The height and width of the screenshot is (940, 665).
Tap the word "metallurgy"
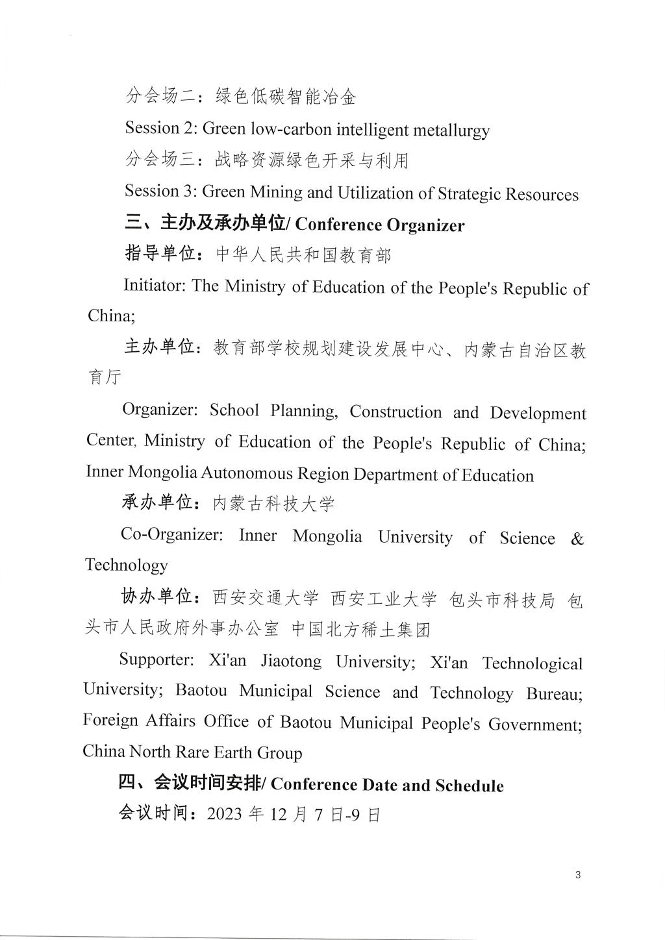pyautogui.click(x=449, y=130)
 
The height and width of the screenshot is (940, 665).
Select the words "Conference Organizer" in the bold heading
pyautogui.click(x=380, y=225)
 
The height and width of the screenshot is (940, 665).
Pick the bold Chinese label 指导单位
pyautogui.click(x=160, y=254)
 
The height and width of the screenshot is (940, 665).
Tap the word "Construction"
pyautogui.click(x=395, y=412)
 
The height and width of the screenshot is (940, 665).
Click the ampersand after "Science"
pyautogui.click(x=577, y=539)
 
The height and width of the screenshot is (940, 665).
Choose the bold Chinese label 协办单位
pyautogui.click(x=157, y=597)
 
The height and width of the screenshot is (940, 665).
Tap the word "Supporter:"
pyautogui.click(x=157, y=660)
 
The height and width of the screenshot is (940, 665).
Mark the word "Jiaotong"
pyautogui.click(x=291, y=661)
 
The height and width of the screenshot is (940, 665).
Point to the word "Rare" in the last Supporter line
pyautogui.click(x=180, y=752)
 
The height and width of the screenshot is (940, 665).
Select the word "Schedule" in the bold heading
pyautogui.click(x=470, y=785)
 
